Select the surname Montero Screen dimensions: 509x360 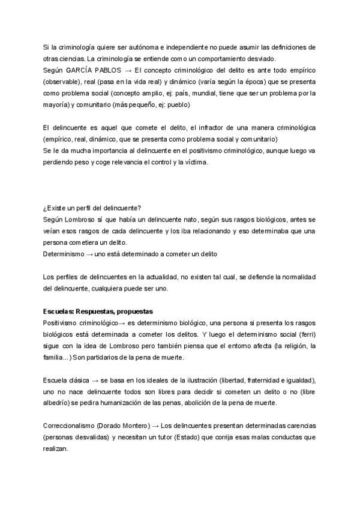click(x=133, y=426)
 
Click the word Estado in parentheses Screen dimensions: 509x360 click(x=194, y=438)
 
